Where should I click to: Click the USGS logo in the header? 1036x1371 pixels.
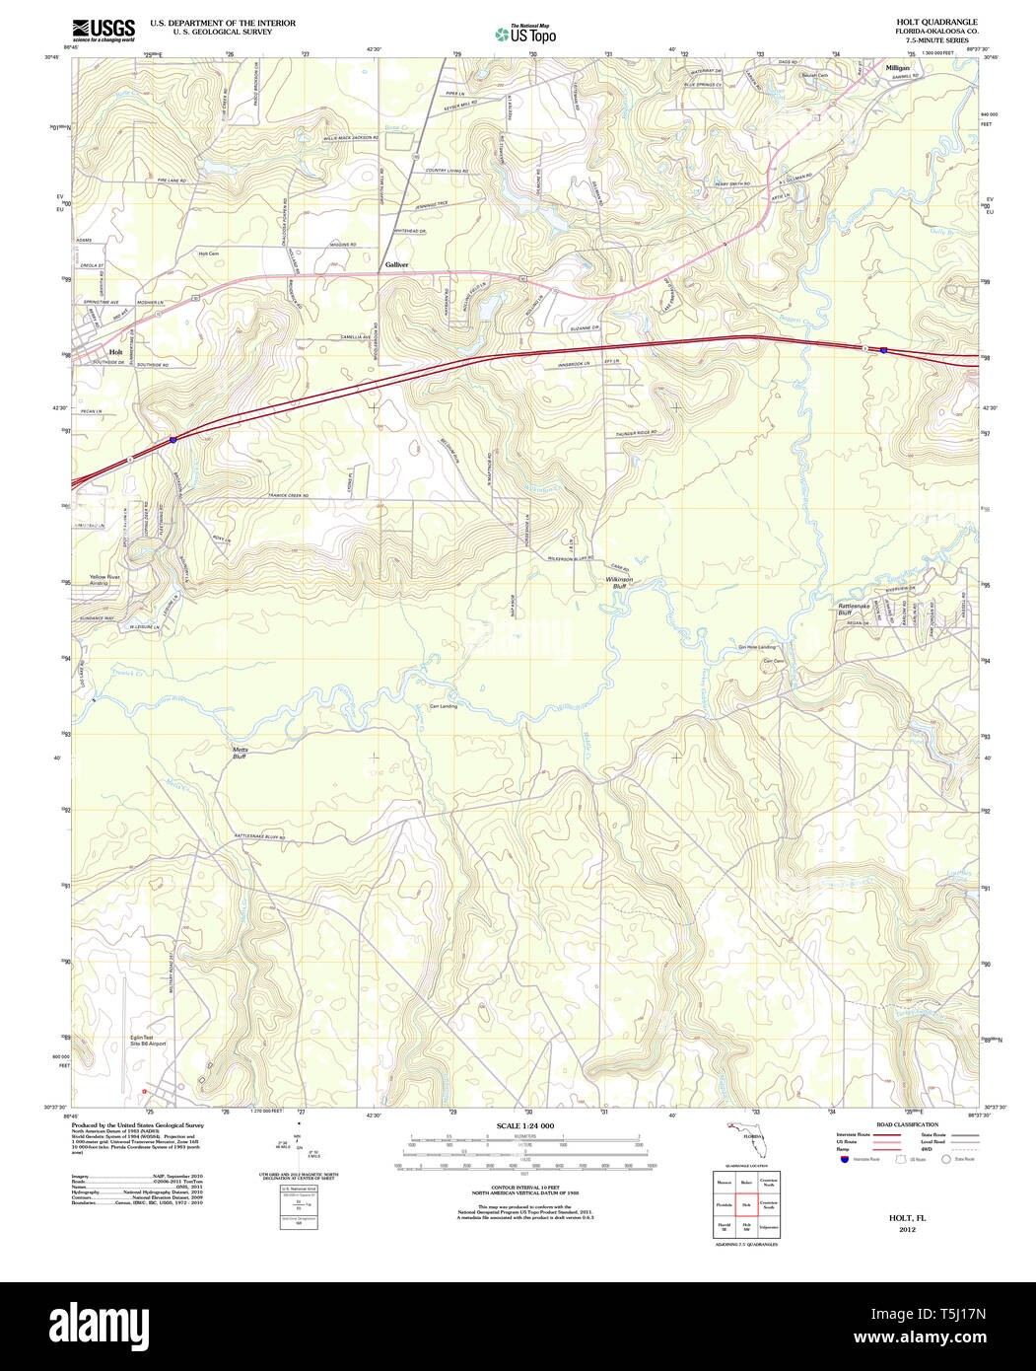coord(104,30)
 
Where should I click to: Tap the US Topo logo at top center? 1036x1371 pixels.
coord(525,33)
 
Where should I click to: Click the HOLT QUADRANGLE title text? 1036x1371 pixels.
coord(935,22)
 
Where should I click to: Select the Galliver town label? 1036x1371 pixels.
coord(397,265)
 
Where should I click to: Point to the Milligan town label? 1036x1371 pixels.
coord(897,68)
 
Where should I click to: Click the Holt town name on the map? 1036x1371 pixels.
coord(116,352)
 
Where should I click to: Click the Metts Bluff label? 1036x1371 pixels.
coord(241,754)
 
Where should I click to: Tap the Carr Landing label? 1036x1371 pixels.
coord(443,706)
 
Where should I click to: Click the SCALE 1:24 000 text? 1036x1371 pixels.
coord(524,1126)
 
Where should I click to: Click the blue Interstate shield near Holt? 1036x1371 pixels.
coord(173,440)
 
